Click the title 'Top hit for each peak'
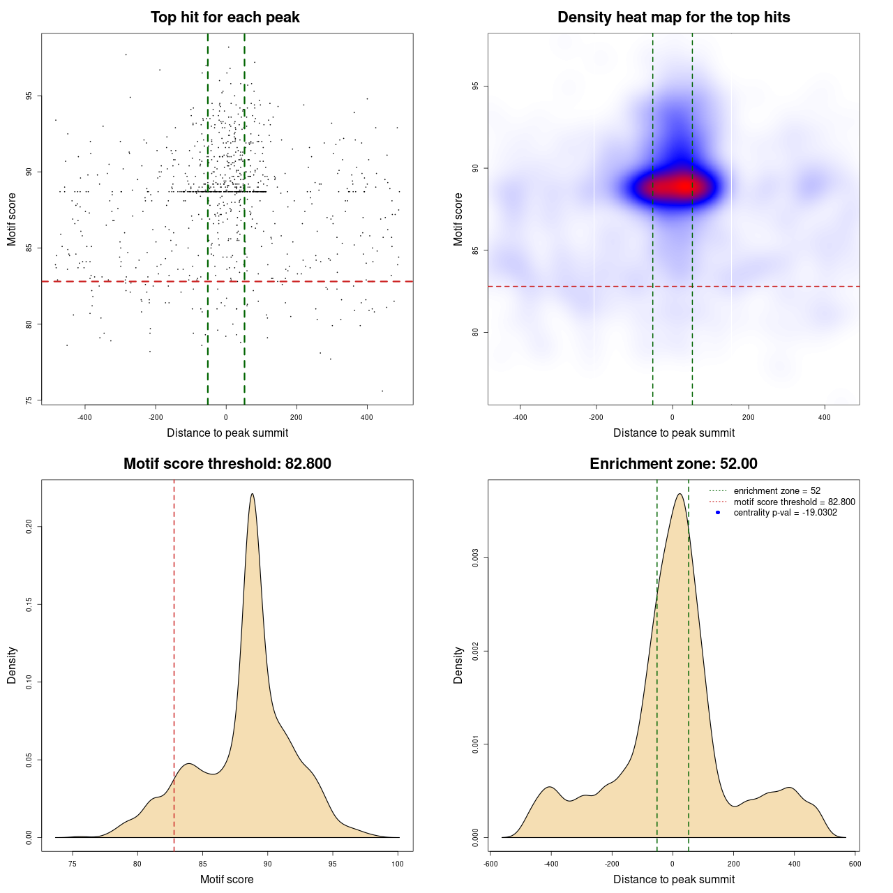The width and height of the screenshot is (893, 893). click(225, 17)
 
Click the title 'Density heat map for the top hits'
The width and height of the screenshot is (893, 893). click(673, 17)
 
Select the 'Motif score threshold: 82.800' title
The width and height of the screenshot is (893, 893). click(227, 464)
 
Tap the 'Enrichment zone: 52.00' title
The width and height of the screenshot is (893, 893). click(673, 464)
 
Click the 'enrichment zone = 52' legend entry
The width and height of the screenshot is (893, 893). click(776, 491)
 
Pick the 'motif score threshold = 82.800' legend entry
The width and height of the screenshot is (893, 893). click(794, 502)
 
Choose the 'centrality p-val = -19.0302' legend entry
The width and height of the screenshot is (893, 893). click(785, 513)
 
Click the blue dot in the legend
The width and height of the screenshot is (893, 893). click(718, 513)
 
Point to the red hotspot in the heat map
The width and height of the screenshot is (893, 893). click(677, 187)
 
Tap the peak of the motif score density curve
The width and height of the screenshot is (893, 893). click(252, 494)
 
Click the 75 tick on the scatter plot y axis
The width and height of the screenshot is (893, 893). click(28, 400)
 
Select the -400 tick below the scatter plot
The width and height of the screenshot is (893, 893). click(85, 418)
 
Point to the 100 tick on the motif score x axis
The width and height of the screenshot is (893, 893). click(398, 864)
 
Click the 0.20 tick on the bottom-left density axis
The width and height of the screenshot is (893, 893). click(29, 526)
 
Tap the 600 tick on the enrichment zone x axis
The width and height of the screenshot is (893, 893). click(855, 864)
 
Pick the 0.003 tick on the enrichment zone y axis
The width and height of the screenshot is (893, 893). click(475, 558)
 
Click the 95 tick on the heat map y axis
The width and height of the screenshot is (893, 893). click(475, 87)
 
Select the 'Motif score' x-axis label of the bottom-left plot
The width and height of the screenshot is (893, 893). click(227, 879)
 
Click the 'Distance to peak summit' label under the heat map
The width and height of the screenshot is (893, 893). click(673, 433)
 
